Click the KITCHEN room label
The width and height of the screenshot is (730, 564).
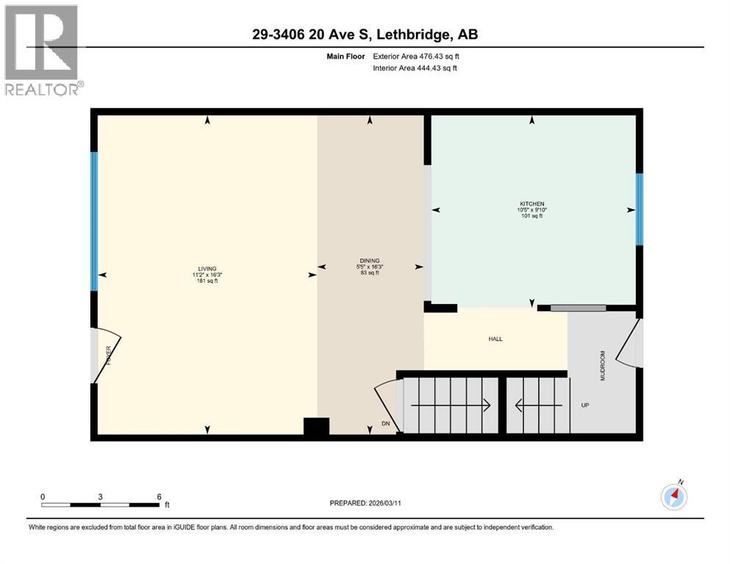[x=532, y=203]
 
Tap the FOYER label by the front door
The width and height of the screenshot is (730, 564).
[x=108, y=355]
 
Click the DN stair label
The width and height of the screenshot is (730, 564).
[x=385, y=424]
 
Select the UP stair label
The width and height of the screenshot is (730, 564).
[x=585, y=405]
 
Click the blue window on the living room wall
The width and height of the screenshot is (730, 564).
[x=94, y=221]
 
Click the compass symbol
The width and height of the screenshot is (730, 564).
[x=674, y=496]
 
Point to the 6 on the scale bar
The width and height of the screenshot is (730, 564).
[x=159, y=496]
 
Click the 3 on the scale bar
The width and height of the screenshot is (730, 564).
[x=100, y=496]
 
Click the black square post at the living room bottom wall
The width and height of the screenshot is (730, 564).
[x=317, y=427]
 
